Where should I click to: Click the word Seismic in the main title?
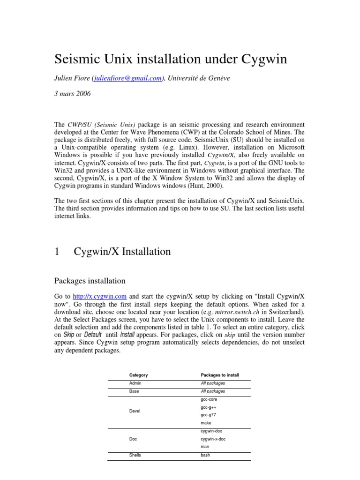coord(81,60)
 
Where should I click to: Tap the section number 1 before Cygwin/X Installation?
coord(57,252)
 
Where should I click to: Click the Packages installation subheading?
coord(90,281)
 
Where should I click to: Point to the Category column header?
coord(138,375)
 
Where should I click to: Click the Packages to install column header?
coord(219,375)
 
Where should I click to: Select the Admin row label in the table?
coord(135,383)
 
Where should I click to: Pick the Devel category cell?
coord(135,411)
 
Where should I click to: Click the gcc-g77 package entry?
coord(208,415)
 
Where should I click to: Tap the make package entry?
coord(206,423)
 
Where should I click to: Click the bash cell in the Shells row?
coord(205,455)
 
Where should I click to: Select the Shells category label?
coord(135,455)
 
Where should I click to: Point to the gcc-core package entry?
coord(209,399)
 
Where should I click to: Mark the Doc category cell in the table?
coord(134,439)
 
